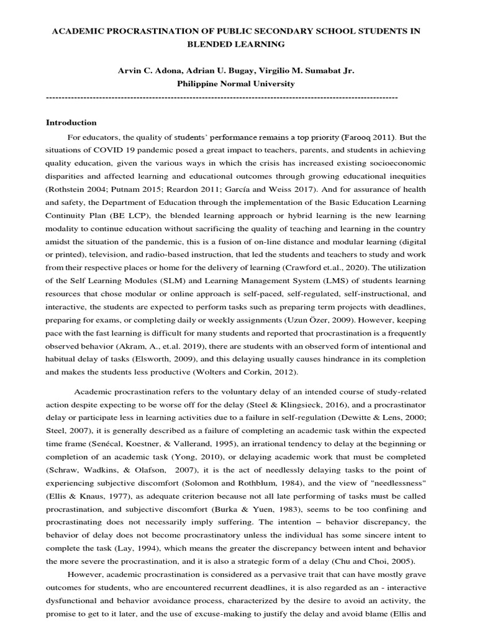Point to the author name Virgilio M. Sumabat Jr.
[302, 71]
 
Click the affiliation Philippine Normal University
[236, 83]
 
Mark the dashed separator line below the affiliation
[222, 98]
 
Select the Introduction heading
[71, 122]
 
